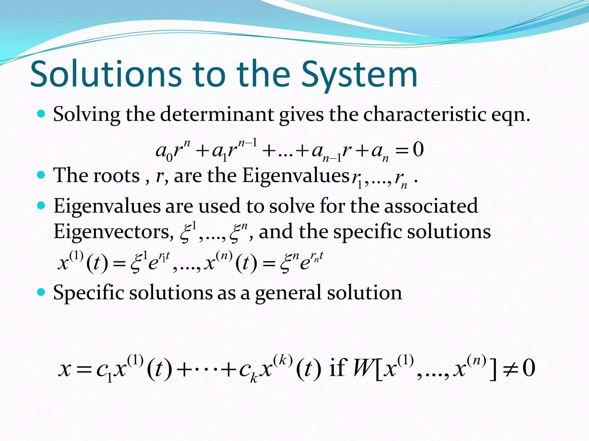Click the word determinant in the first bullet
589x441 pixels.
217,115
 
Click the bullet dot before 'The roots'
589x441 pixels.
41,175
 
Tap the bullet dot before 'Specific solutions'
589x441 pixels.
41,292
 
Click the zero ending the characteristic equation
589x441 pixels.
418,150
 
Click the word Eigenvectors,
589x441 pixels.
113,232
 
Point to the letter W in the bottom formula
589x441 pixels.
364,369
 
